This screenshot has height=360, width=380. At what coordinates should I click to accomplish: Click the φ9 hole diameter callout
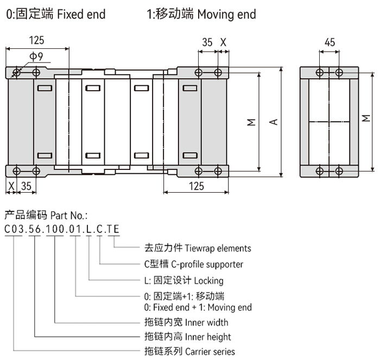click(x=36, y=56)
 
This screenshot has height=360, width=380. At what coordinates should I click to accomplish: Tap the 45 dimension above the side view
click(x=330, y=42)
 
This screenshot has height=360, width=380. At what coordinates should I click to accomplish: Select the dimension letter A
click(x=274, y=122)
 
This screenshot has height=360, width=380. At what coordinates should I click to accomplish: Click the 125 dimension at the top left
click(x=36, y=40)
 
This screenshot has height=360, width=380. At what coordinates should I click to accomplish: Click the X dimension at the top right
click(x=224, y=42)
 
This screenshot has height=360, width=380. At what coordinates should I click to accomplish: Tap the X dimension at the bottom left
click(x=11, y=186)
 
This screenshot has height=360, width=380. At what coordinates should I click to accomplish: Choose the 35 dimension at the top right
click(x=207, y=42)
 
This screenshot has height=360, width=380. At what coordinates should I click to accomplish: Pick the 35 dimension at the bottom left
click(x=26, y=186)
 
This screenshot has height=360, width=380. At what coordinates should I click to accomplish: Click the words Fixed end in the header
click(x=81, y=14)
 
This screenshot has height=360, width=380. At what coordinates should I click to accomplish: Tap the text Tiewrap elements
click(x=218, y=248)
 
